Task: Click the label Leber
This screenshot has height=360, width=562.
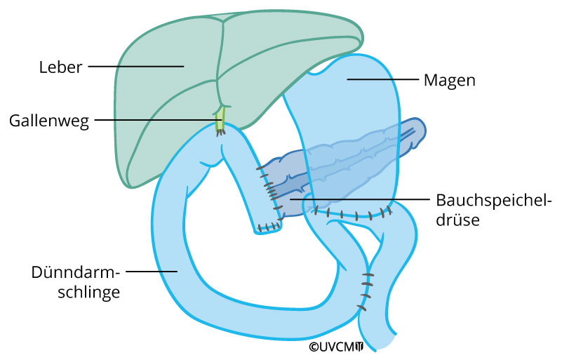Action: tap(61, 68)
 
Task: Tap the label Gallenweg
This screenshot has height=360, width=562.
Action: tap(49, 120)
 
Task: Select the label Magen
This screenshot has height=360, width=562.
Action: tap(450, 81)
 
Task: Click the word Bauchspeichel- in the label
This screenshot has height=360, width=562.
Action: tap(478, 199)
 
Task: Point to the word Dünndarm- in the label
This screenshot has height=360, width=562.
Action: tap(76, 272)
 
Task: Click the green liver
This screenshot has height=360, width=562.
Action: tap(168, 84)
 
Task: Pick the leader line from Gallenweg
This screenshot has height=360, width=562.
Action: tap(154, 120)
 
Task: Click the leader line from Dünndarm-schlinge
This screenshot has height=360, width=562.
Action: tap(151, 270)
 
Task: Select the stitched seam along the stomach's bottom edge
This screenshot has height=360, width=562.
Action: tap(351, 213)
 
